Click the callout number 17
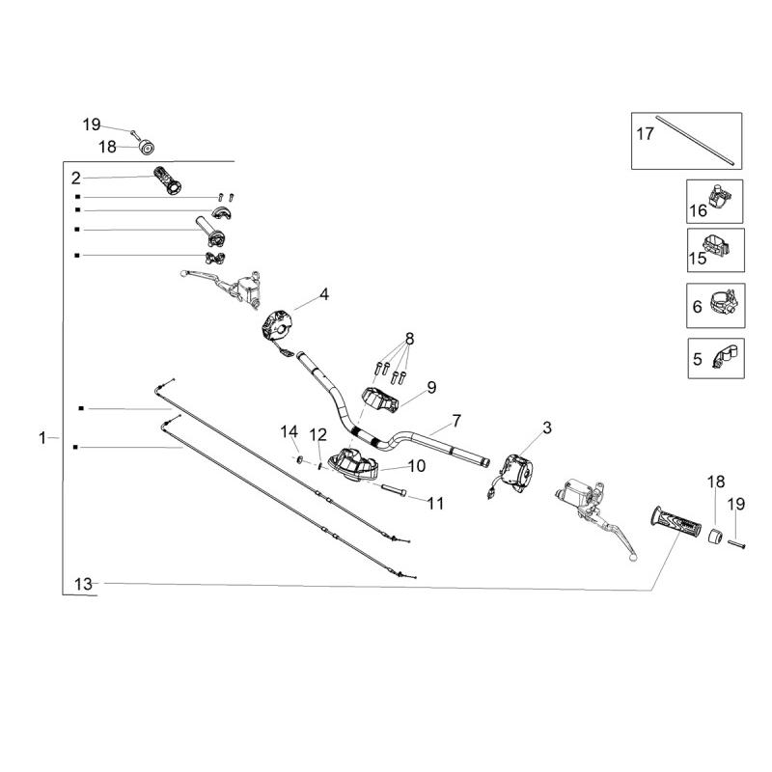click(644, 133)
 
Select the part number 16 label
click(698, 210)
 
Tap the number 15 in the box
click(698, 258)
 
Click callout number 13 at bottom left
click(83, 583)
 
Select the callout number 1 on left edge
click(42, 438)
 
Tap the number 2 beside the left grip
click(75, 178)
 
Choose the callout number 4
click(324, 294)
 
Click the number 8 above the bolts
click(409, 339)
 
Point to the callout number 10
click(416, 465)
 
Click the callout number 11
click(435, 502)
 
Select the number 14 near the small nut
click(289, 430)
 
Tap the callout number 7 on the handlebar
click(456, 421)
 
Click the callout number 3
click(547, 427)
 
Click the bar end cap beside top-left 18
click(147, 148)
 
